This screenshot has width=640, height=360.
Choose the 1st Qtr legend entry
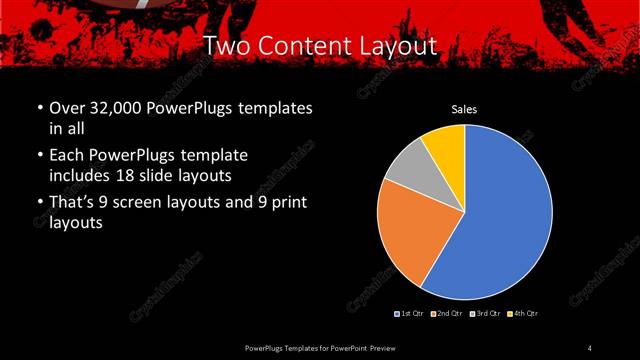click(410, 314)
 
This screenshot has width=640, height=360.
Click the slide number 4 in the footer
click(589, 347)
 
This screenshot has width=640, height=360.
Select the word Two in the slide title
click(226, 46)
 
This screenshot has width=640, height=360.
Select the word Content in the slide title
click(305, 46)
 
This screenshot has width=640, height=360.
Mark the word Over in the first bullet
click(68, 108)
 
